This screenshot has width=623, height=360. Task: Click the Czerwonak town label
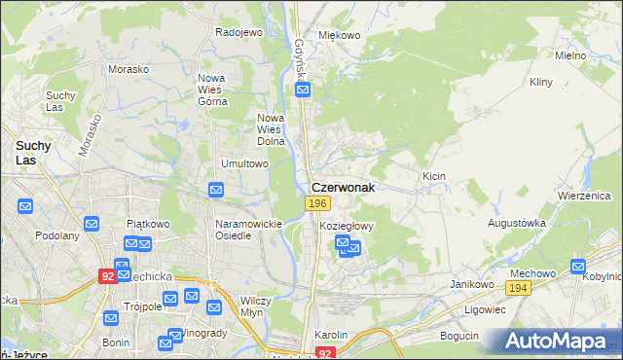[343, 186]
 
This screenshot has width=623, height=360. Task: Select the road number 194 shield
[518, 288]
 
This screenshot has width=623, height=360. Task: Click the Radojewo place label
[239, 32]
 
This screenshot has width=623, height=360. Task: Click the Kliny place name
[541, 83]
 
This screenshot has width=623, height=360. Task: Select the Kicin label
[434, 176]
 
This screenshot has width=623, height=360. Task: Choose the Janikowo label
[469, 283]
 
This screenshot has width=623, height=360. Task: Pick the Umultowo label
[244, 163]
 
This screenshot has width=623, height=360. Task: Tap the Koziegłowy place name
[348, 225]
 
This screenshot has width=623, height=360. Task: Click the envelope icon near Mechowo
[579, 266]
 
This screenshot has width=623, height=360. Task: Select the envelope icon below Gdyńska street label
[303, 90]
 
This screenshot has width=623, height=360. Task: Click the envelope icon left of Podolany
[24, 206]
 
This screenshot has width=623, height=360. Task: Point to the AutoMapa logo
[559, 342]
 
